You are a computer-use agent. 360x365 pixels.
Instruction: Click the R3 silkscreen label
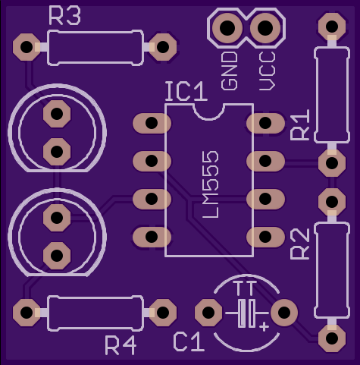[64, 16]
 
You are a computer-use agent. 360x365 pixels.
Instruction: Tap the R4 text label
[121, 345]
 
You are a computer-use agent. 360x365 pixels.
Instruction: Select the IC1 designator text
[186, 91]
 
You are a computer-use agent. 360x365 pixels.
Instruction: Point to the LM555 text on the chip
[211, 184]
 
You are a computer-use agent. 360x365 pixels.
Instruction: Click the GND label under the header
[230, 71]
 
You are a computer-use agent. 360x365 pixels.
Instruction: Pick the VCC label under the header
[268, 71]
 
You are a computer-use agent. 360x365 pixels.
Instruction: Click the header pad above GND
[227, 27]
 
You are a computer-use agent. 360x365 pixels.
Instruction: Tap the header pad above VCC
[265, 27]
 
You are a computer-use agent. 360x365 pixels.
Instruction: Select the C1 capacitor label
[189, 342]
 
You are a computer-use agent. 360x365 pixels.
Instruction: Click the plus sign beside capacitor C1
[264, 326]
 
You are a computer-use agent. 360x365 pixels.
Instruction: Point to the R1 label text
[300, 124]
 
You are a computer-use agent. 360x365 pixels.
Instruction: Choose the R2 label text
[300, 244]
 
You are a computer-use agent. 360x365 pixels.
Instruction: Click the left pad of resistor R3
[27, 47]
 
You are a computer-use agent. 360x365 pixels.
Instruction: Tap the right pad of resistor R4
[163, 313]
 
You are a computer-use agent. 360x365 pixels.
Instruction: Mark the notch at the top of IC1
[209, 112]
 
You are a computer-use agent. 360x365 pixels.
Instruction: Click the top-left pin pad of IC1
[152, 123]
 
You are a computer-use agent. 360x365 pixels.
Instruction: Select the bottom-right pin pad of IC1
[265, 237]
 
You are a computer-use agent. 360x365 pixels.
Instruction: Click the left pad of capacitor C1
[208, 313]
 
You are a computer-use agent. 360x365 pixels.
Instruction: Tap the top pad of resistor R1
[332, 26]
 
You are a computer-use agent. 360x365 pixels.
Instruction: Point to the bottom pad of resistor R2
[332, 338]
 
